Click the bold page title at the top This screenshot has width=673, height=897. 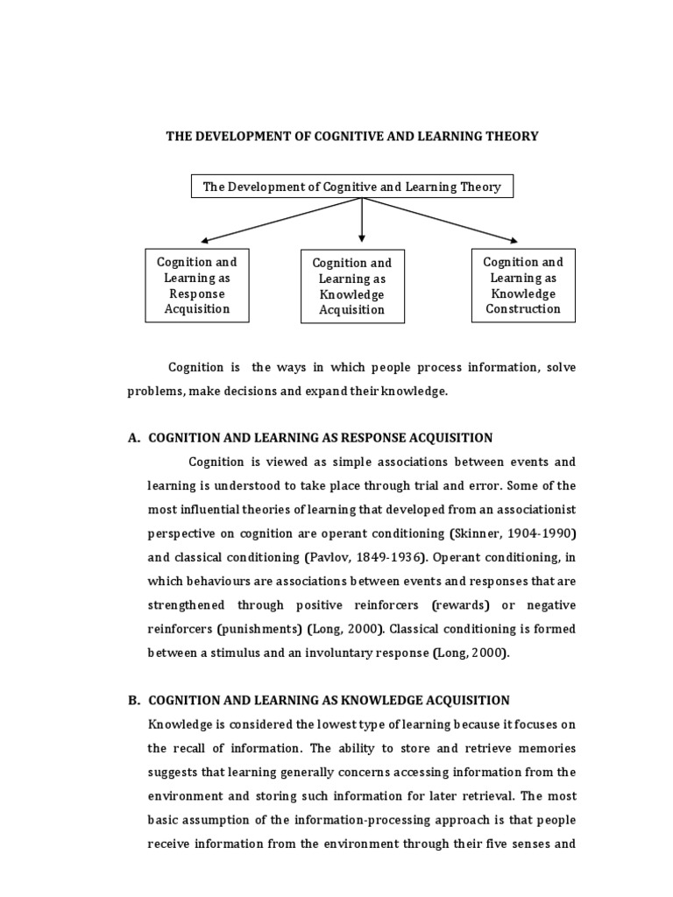pyautogui.click(x=352, y=137)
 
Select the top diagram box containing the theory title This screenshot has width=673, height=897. pyautogui.click(x=352, y=187)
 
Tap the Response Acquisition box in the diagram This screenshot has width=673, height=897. pyautogui.click(x=197, y=285)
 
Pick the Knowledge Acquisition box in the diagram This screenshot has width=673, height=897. pyautogui.click(x=351, y=286)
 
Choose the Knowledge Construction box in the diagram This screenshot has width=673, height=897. pyautogui.click(x=523, y=285)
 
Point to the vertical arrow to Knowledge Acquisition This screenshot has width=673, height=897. pyautogui.click(x=361, y=219)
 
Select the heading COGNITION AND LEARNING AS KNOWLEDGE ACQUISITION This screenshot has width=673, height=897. pyautogui.click(x=329, y=700)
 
